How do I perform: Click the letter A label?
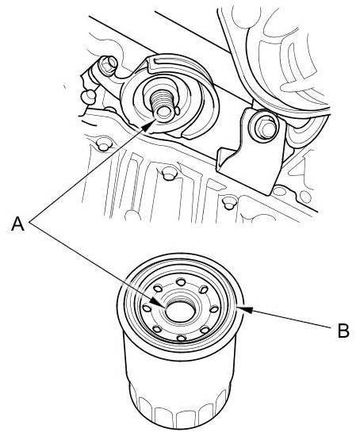point(17,224)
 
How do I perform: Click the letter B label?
point(343,331)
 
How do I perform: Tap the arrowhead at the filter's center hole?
point(155,302)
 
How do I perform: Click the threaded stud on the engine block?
point(162,105)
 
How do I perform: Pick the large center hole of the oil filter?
point(180,312)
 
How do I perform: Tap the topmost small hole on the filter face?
point(181,282)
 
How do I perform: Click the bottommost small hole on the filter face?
point(182,338)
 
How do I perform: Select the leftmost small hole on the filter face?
point(147,308)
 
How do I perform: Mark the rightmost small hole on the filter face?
point(214,309)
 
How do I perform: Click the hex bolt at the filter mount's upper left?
point(108,65)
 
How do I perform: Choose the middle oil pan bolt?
point(169,174)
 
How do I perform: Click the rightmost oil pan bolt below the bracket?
point(228,203)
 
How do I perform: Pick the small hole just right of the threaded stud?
point(177,110)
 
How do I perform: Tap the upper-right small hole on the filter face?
point(204,289)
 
